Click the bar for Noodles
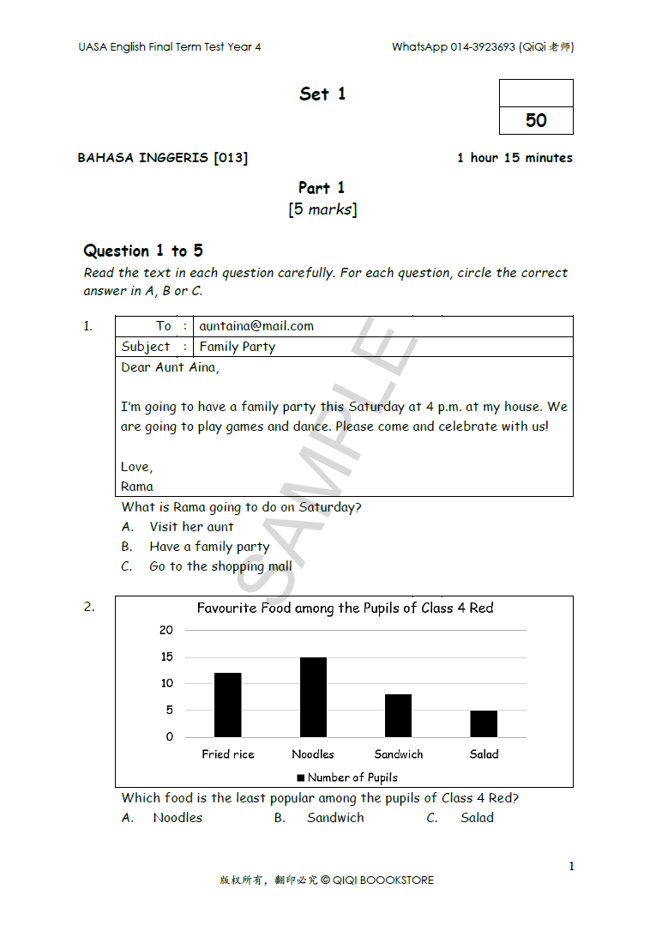[x=313, y=697]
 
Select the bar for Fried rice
[x=227, y=705]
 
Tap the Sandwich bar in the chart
[x=398, y=715]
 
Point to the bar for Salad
[x=484, y=723]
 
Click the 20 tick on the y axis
[x=166, y=630]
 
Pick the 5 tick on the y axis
[x=169, y=710]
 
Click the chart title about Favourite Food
[x=345, y=608]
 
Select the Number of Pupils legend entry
[x=347, y=778]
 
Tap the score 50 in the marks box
[x=536, y=120]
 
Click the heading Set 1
[x=322, y=94]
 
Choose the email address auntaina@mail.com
[x=256, y=326]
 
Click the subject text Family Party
[x=238, y=347]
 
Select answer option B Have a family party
[x=209, y=547]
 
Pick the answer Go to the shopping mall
[x=220, y=566]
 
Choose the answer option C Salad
[x=476, y=818]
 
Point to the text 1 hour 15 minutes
[x=515, y=158]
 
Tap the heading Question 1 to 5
[x=143, y=251]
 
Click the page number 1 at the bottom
[x=572, y=867]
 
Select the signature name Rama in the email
[x=137, y=487]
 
